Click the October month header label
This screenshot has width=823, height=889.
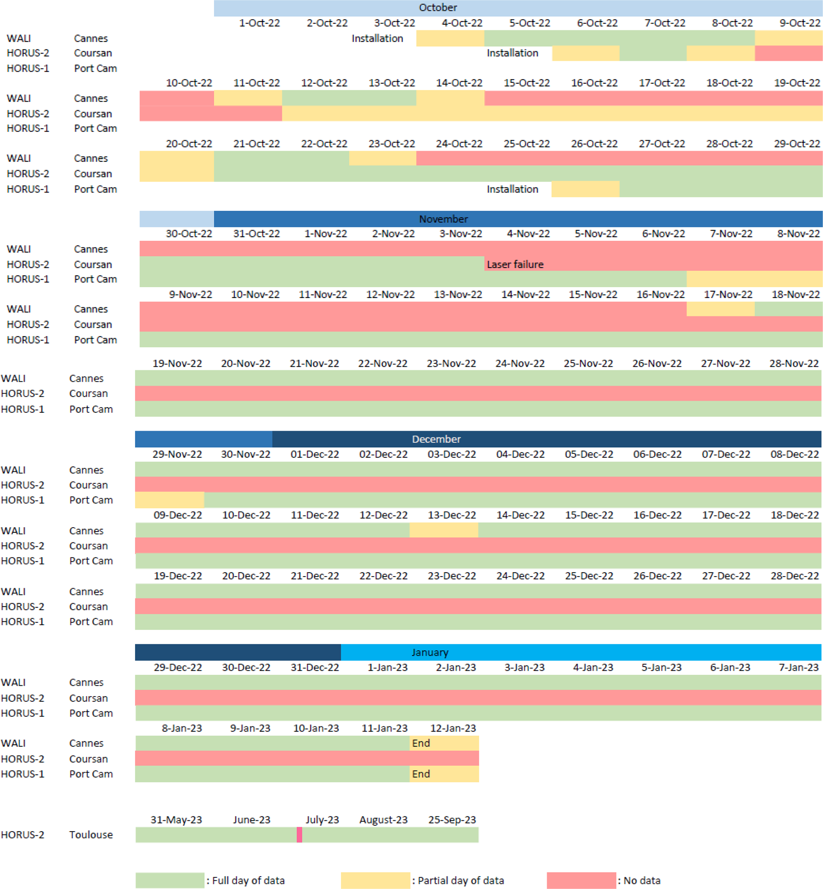pyautogui.click(x=438, y=8)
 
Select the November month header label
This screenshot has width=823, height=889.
pyautogui.click(x=443, y=219)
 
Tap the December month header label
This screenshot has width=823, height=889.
pyautogui.click(x=436, y=439)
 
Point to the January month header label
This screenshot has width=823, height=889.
pyautogui.click(x=430, y=652)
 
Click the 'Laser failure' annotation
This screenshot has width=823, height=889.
pyautogui.click(x=515, y=264)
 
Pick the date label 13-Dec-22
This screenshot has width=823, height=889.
pyautogui.click(x=452, y=515)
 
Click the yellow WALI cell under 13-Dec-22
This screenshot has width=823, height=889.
pyautogui.click(x=444, y=530)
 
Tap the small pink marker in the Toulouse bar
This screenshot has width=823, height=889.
pyautogui.click(x=299, y=835)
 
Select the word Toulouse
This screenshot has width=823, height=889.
pyautogui.click(x=91, y=835)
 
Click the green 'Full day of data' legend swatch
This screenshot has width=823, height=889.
pyautogui.click(x=170, y=881)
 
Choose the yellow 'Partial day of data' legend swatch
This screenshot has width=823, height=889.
pyautogui.click(x=375, y=881)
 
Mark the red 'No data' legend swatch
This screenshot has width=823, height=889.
pyautogui.click(x=581, y=881)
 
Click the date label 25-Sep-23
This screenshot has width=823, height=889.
pyautogui.click(x=452, y=820)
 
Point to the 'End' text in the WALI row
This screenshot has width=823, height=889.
pyautogui.click(x=421, y=743)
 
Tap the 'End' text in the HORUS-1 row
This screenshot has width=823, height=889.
pyautogui.click(x=421, y=774)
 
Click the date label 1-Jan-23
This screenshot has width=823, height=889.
pyautogui.click(x=387, y=667)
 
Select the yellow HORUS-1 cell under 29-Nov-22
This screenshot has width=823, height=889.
pyautogui.click(x=170, y=500)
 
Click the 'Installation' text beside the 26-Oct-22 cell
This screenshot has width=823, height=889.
pyautogui.click(x=512, y=189)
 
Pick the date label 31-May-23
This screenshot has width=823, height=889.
pyautogui.click(x=176, y=820)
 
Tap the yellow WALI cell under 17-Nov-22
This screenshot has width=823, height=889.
pyautogui.click(x=720, y=309)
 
